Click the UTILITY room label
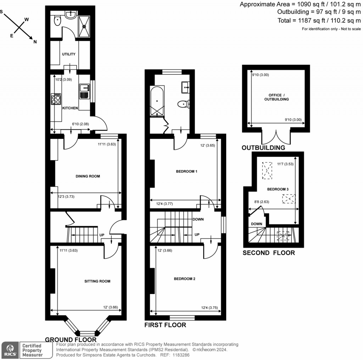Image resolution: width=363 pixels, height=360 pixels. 69,54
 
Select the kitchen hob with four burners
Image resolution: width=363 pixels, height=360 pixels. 56,99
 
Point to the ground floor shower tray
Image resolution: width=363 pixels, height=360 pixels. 84,26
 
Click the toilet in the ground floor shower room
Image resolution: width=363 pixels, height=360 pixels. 57,22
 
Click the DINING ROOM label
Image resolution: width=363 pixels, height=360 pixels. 88,176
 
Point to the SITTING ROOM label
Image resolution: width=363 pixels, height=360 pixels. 97,281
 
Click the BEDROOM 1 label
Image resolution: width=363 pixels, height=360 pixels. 186,171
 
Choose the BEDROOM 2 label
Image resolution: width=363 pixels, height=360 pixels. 184,279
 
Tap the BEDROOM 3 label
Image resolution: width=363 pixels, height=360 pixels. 278,189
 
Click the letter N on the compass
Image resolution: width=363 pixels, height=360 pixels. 35,42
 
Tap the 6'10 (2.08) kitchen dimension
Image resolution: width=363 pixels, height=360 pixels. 80,124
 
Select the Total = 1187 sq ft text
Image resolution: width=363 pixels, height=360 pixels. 307,21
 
